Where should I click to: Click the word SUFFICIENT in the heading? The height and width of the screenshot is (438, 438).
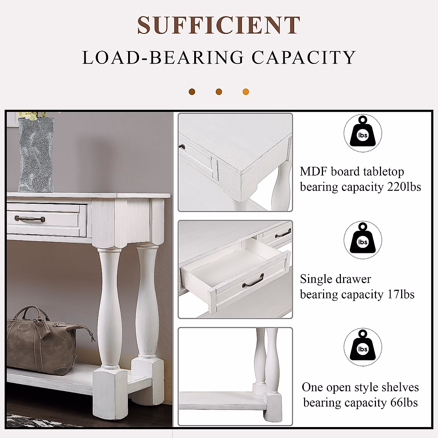218,26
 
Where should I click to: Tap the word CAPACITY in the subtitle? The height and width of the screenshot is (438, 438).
303,58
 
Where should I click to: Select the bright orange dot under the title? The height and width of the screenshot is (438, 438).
246,92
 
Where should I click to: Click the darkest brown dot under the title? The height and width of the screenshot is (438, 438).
192,92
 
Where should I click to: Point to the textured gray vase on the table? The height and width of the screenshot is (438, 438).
36,155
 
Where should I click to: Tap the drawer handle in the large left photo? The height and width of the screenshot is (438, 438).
30,219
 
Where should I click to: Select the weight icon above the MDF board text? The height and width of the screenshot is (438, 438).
362,133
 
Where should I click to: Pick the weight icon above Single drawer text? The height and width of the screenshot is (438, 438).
362,240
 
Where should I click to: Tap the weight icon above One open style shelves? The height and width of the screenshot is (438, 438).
362,347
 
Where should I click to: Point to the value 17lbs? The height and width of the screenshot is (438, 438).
400,294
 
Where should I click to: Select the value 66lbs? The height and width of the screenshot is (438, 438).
404,402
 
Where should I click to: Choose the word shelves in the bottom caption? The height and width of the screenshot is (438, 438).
401,387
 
